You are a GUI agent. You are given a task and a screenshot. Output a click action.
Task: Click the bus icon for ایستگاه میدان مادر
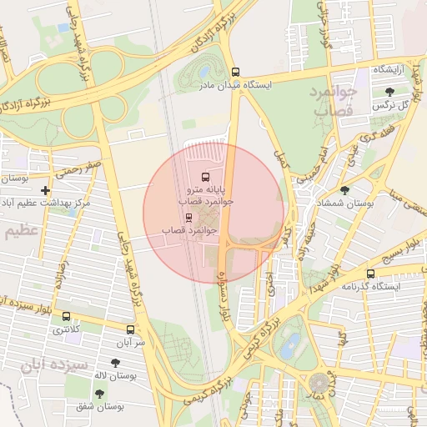pyautogui.click(x=235, y=73)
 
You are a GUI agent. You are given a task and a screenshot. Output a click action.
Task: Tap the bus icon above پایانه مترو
pyautogui.click(x=205, y=177)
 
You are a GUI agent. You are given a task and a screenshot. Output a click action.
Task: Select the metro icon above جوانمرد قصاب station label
pyautogui.click(x=188, y=216)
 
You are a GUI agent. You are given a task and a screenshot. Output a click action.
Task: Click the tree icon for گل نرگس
pyautogui.click(x=389, y=92)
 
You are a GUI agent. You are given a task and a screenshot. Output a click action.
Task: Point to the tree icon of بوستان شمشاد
pyautogui.click(x=344, y=190)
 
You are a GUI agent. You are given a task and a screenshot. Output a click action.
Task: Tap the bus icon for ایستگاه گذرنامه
pyautogui.click(x=370, y=274)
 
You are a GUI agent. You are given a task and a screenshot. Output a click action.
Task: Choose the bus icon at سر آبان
pyautogui.click(x=130, y=329)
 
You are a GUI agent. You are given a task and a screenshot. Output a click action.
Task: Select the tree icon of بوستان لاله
pyautogui.click(x=114, y=363)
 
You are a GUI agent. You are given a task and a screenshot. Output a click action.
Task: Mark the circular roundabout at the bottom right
pyautogui.click(x=321, y=384)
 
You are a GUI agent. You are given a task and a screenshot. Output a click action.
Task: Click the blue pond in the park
pyautogui.click(x=291, y=344)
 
